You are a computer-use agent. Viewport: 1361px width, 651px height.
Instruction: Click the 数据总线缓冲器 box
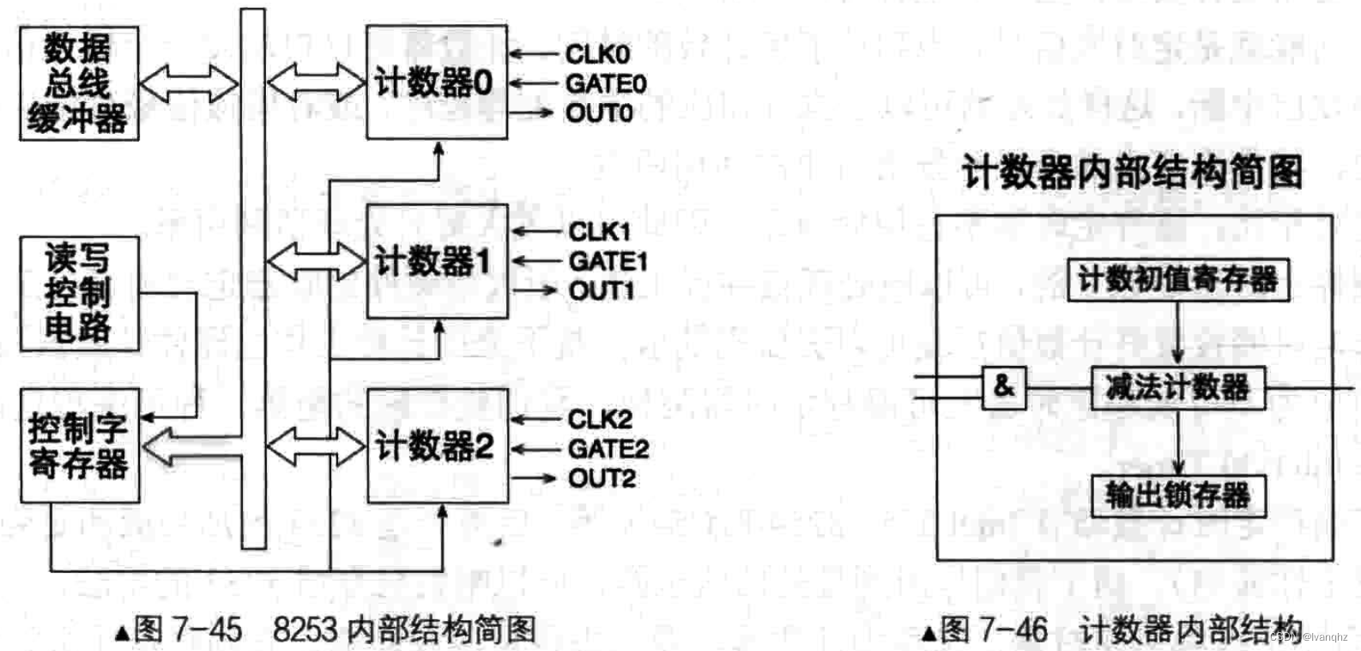(x=79, y=83)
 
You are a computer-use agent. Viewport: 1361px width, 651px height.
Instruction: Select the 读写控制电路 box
(x=79, y=294)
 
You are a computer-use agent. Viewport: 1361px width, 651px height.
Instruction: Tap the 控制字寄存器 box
(x=79, y=445)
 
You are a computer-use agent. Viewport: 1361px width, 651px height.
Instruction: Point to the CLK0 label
(x=598, y=54)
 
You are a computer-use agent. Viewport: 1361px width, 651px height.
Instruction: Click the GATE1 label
(x=608, y=261)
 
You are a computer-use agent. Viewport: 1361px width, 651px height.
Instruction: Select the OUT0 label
(x=599, y=113)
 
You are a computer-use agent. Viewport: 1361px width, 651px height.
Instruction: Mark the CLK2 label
(x=600, y=419)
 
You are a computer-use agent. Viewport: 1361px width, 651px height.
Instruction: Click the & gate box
(x=1004, y=387)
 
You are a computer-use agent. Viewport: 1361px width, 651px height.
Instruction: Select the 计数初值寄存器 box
(x=1178, y=279)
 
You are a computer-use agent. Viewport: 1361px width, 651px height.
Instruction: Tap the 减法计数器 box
(x=1178, y=388)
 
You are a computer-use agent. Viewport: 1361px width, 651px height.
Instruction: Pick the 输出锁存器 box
(x=1178, y=496)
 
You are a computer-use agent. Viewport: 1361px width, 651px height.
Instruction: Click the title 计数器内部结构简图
(x=1132, y=173)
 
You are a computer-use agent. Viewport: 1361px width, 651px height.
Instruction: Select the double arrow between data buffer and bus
(x=189, y=83)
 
